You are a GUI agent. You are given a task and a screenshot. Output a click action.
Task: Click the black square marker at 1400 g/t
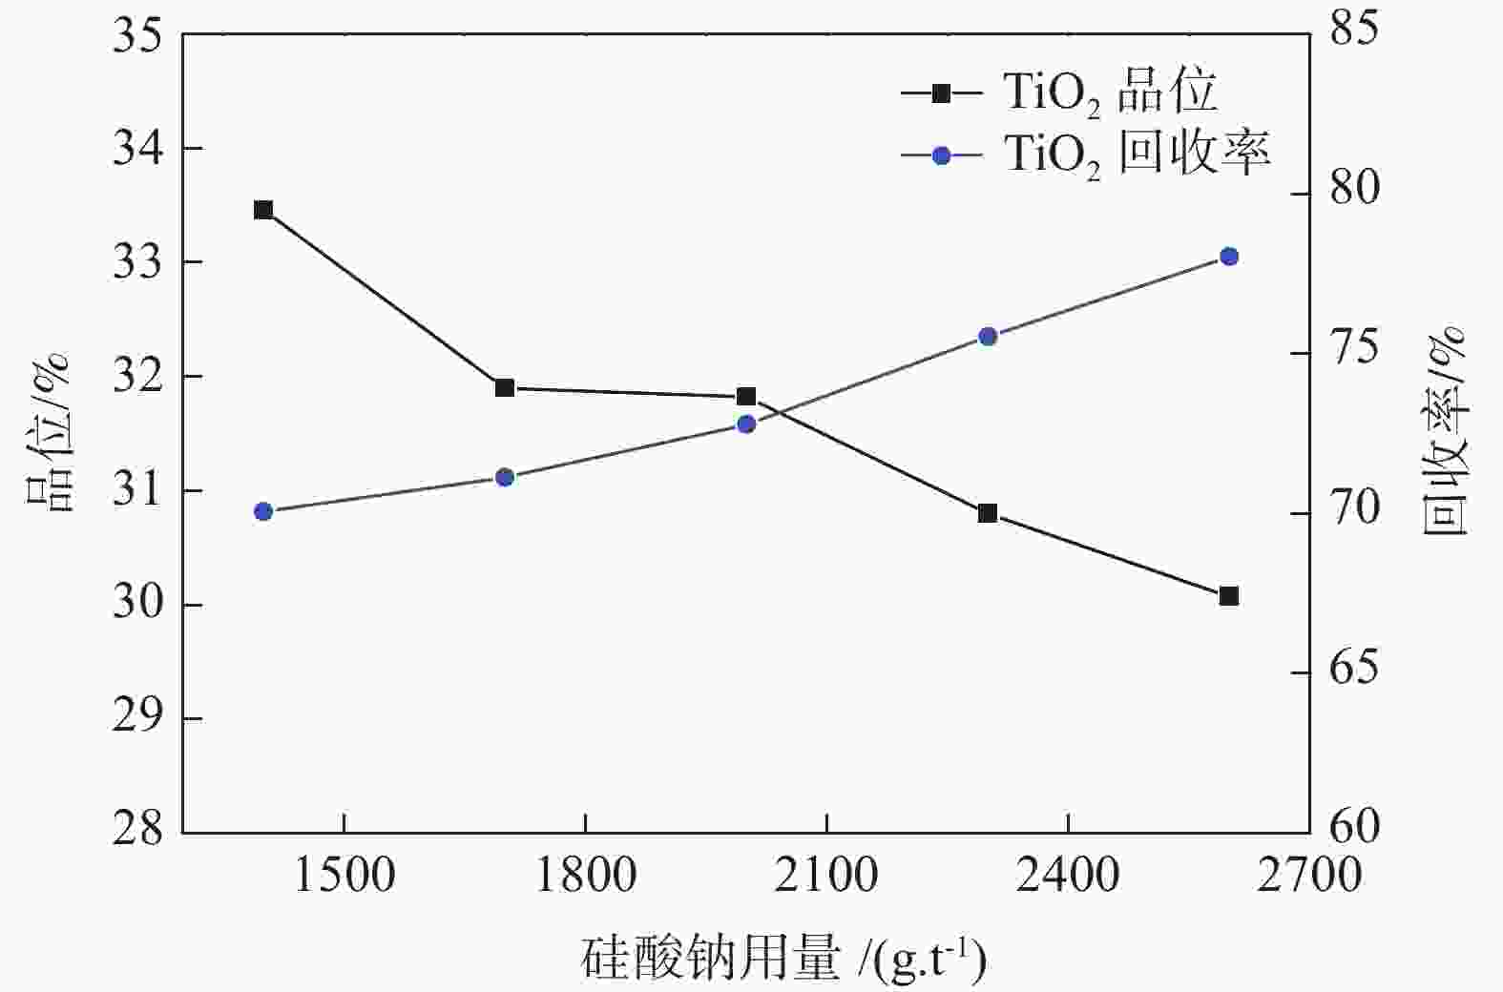(x=263, y=210)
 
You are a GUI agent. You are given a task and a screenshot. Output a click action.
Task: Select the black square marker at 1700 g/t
(x=505, y=387)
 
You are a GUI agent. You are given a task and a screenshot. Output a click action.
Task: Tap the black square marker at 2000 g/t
(x=746, y=397)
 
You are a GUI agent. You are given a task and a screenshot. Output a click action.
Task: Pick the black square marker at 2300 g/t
(x=988, y=513)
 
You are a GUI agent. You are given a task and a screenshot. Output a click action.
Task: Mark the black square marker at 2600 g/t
(x=1229, y=596)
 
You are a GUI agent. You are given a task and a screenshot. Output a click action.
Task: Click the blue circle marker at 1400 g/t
(x=263, y=511)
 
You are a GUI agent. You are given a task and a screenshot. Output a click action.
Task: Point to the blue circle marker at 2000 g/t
(x=746, y=424)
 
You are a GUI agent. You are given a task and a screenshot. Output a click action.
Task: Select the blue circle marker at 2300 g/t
(x=988, y=337)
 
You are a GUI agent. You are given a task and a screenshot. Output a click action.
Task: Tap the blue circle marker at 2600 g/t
(x=1229, y=257)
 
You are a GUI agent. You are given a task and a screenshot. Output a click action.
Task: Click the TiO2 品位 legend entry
(x=1059, y=93)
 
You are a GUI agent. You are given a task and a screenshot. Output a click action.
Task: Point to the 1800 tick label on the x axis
(x=584, y=875)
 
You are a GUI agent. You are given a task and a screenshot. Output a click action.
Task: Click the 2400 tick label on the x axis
(x=1067, y=875)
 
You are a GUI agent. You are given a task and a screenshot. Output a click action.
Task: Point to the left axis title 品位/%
(x=48, y=431)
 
